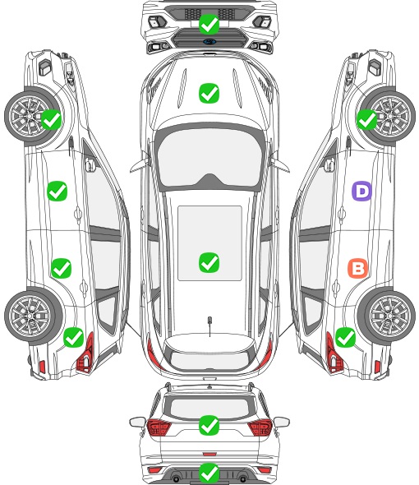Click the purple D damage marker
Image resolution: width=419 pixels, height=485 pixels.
pos(361,192)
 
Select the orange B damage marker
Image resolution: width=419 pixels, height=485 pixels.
pos(357,268)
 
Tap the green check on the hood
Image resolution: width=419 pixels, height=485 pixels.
pos(209,93)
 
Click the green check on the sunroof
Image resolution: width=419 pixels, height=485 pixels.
pos(209,262)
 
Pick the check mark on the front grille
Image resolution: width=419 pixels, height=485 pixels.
pos(209,24)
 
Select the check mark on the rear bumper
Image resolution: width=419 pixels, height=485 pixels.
pos(209,473)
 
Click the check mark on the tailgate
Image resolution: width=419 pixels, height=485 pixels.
pos(209,425)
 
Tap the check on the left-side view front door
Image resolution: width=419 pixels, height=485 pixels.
pos(58,191)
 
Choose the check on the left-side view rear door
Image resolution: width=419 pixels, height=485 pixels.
pos(62,268)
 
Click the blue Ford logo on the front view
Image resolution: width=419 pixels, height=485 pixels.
pos(209,42)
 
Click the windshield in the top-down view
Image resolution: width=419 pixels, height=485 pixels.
pos(209,158)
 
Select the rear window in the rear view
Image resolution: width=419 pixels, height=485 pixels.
pos(209,408)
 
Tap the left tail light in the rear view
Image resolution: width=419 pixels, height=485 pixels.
pos(159,427)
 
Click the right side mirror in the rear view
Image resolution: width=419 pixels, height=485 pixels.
pos(281,422)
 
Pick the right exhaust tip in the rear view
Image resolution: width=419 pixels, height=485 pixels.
pos(243,478)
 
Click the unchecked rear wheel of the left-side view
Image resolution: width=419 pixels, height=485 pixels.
pos(30,316)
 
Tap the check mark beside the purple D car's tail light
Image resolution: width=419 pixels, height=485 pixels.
pos(345,338)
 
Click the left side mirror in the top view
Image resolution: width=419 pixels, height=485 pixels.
pos(139,164)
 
